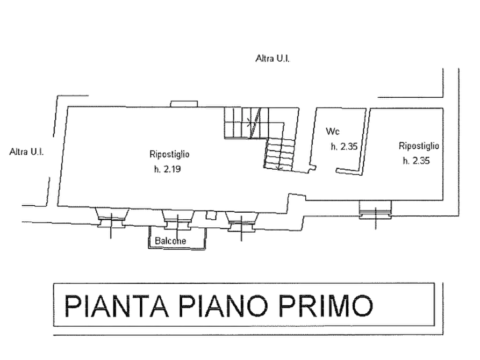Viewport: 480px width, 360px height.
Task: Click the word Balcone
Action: point(170,241)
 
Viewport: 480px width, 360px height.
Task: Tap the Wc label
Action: point(333,131)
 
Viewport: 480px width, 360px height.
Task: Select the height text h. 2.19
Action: point(168,169)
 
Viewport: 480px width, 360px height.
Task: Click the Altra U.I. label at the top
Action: point(273,58)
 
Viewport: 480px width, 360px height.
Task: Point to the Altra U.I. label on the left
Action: point(26,152)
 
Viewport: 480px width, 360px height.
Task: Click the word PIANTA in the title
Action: point(117,306)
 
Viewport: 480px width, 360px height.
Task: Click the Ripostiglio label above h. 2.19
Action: point(169,154)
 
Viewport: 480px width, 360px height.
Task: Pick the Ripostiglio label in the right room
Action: point(419,146)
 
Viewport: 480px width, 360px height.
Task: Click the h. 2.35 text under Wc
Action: point(344,147)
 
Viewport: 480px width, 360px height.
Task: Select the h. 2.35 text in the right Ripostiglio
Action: point(417,161)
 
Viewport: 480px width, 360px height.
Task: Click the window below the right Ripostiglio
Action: point(375,210)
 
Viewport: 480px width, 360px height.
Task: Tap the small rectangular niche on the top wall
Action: point(184,104)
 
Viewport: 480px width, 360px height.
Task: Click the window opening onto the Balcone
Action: point(178,219)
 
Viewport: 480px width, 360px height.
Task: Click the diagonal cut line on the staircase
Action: point(255,123)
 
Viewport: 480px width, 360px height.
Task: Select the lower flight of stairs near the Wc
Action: point(280,154)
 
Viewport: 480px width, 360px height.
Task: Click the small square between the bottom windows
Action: point(211,215)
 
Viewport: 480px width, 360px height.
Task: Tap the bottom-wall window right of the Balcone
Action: point(242,221)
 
